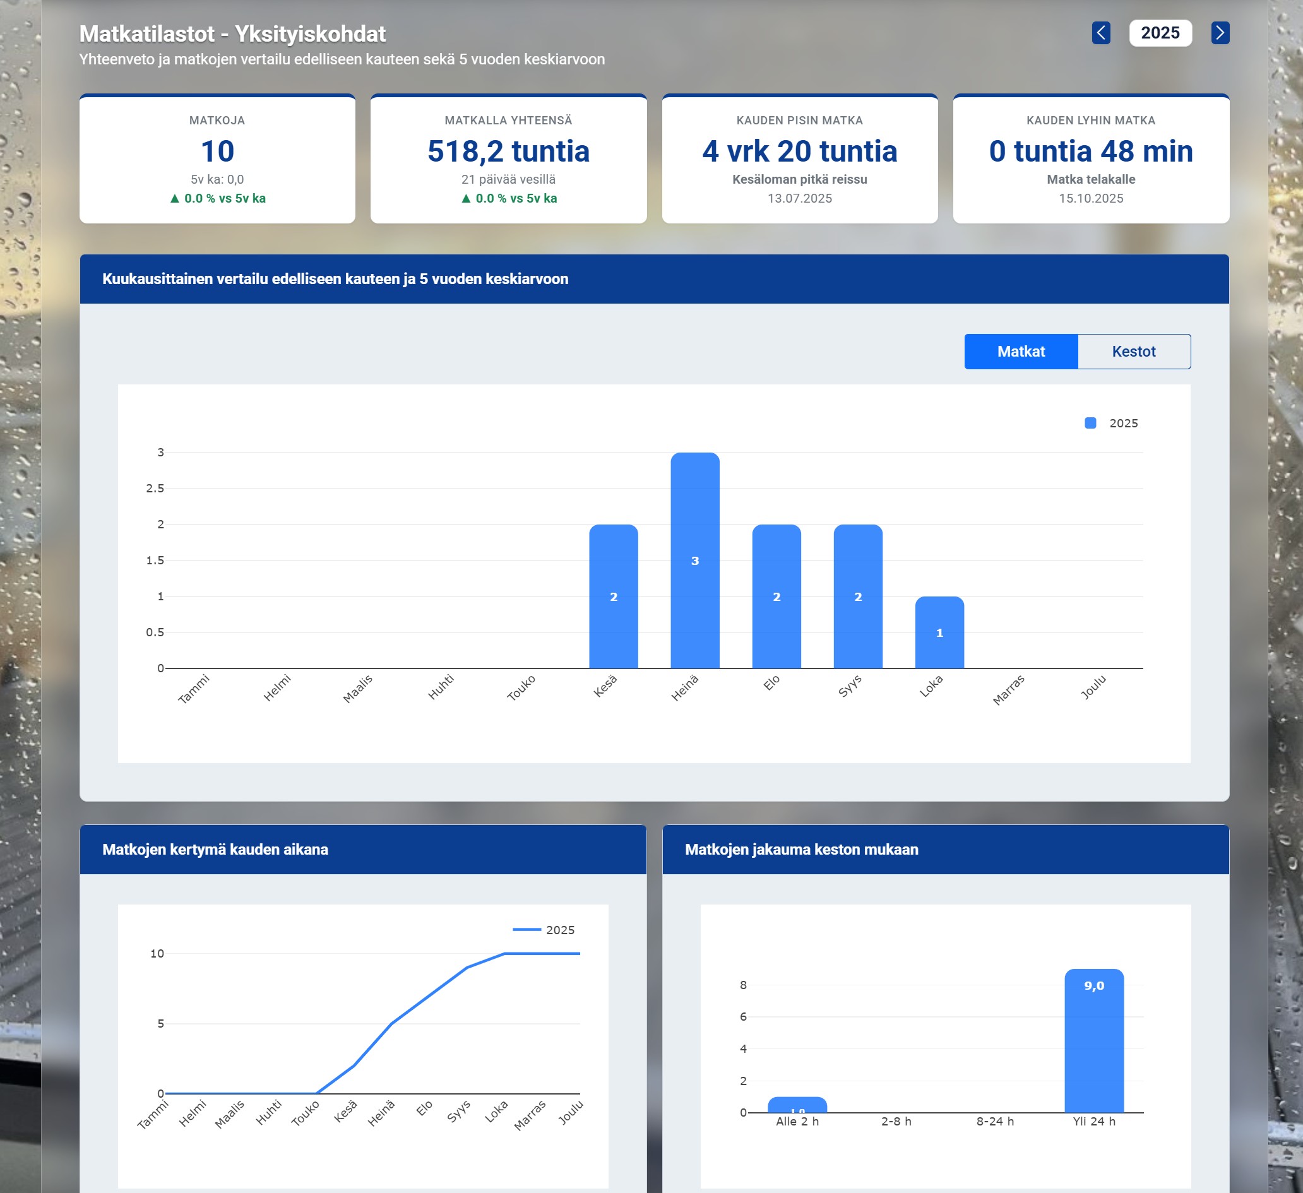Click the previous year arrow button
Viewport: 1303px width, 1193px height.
pyautogui.click(x=1101, y=33)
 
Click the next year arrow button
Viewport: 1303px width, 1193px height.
pyautogui.click(x=1220, y=33)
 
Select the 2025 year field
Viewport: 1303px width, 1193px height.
pyautogui.click(x=1160, y=33)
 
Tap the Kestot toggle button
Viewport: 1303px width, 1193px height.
pyautogui.click(x=1134, y=352)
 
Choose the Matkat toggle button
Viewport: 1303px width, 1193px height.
pyautogui.click(x=1021, y=352)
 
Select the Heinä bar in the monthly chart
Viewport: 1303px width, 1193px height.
pyautogui.click(x=695, y=561)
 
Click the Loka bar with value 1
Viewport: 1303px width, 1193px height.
pyautogui.click(x=939, y=632)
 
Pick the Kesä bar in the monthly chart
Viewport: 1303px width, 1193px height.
pyautogui.click(x=614, y=596)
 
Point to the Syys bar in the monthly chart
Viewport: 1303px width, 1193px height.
pyautogui.click(x=858, y=596)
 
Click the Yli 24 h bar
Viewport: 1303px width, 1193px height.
pyautogui.click(x=1093, y=1040)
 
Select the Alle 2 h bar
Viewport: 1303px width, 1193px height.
pyautogui.click(x=797, y=1105)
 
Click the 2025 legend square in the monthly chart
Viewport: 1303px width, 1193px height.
pyautogui.click(x=1090, y=424)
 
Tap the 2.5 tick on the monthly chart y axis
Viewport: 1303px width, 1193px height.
pyautogui.click(x=155, y=489)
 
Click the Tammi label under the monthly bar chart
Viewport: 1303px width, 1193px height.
pyautogui.click(x=194, y=689)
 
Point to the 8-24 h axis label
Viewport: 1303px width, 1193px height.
pyautogui.click(x=995, y=1121)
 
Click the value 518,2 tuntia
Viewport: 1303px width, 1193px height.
pyautogui.click(x=508, y=151)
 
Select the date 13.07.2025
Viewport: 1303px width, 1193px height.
pyautogui.click(x=799, y=198)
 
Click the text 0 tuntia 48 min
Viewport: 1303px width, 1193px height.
pyautogui.click(x=1090, y=151)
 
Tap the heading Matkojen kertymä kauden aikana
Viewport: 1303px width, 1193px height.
pyautogui.click(x=215, y=849)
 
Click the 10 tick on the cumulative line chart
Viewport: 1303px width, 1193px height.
pyautogui.click(x=157, y=953)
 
